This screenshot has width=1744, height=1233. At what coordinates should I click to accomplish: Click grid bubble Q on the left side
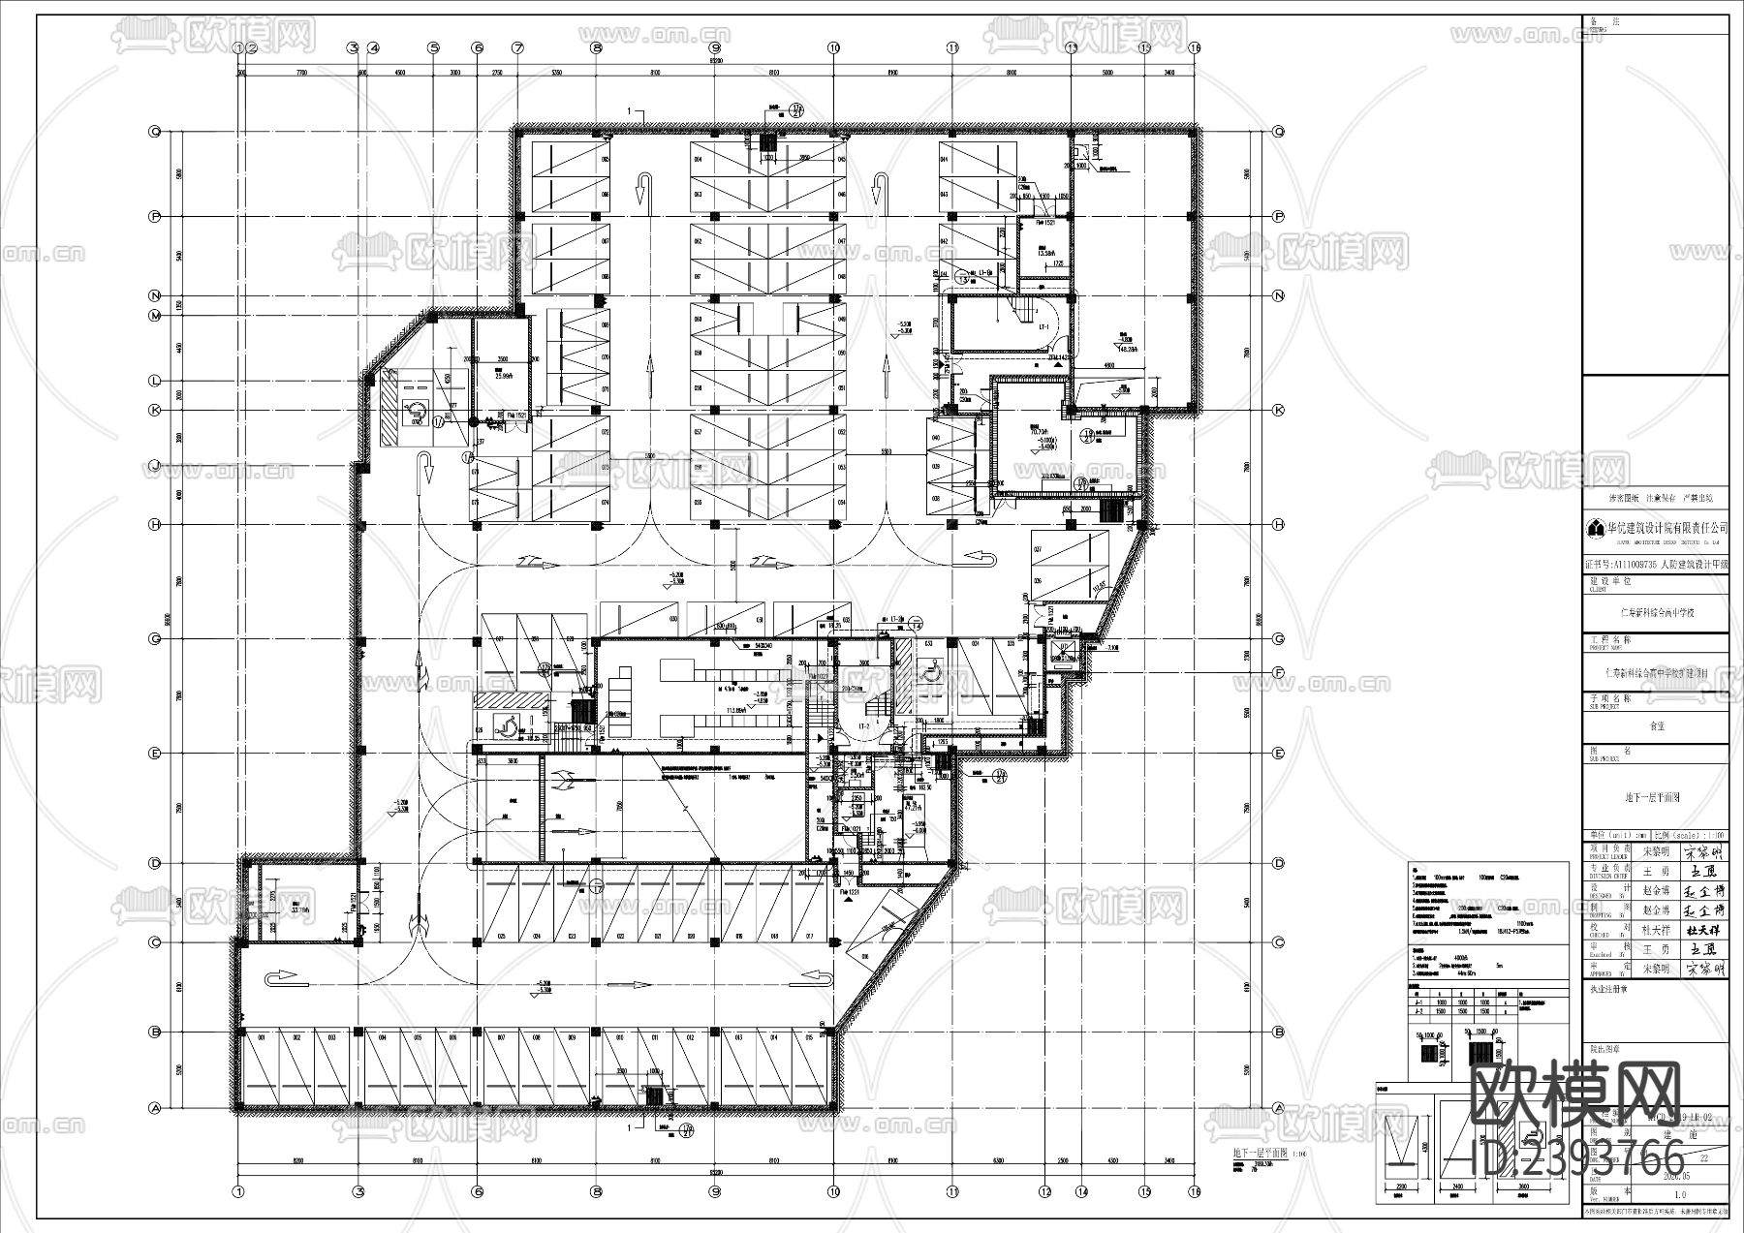pyautogui.click(x=153, y=132)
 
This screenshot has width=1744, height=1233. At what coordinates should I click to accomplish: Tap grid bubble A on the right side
pyautogui.click(x=1278, y=1108)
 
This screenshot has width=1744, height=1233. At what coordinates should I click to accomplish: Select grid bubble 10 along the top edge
pyautogui.click(x=832, y=46)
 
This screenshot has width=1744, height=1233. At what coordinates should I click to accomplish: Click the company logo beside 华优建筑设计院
pyautogui.click(x=1595, y=529)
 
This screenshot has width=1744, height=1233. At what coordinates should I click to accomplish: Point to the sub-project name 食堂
pyautogui.click(x=1656, y=724)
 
